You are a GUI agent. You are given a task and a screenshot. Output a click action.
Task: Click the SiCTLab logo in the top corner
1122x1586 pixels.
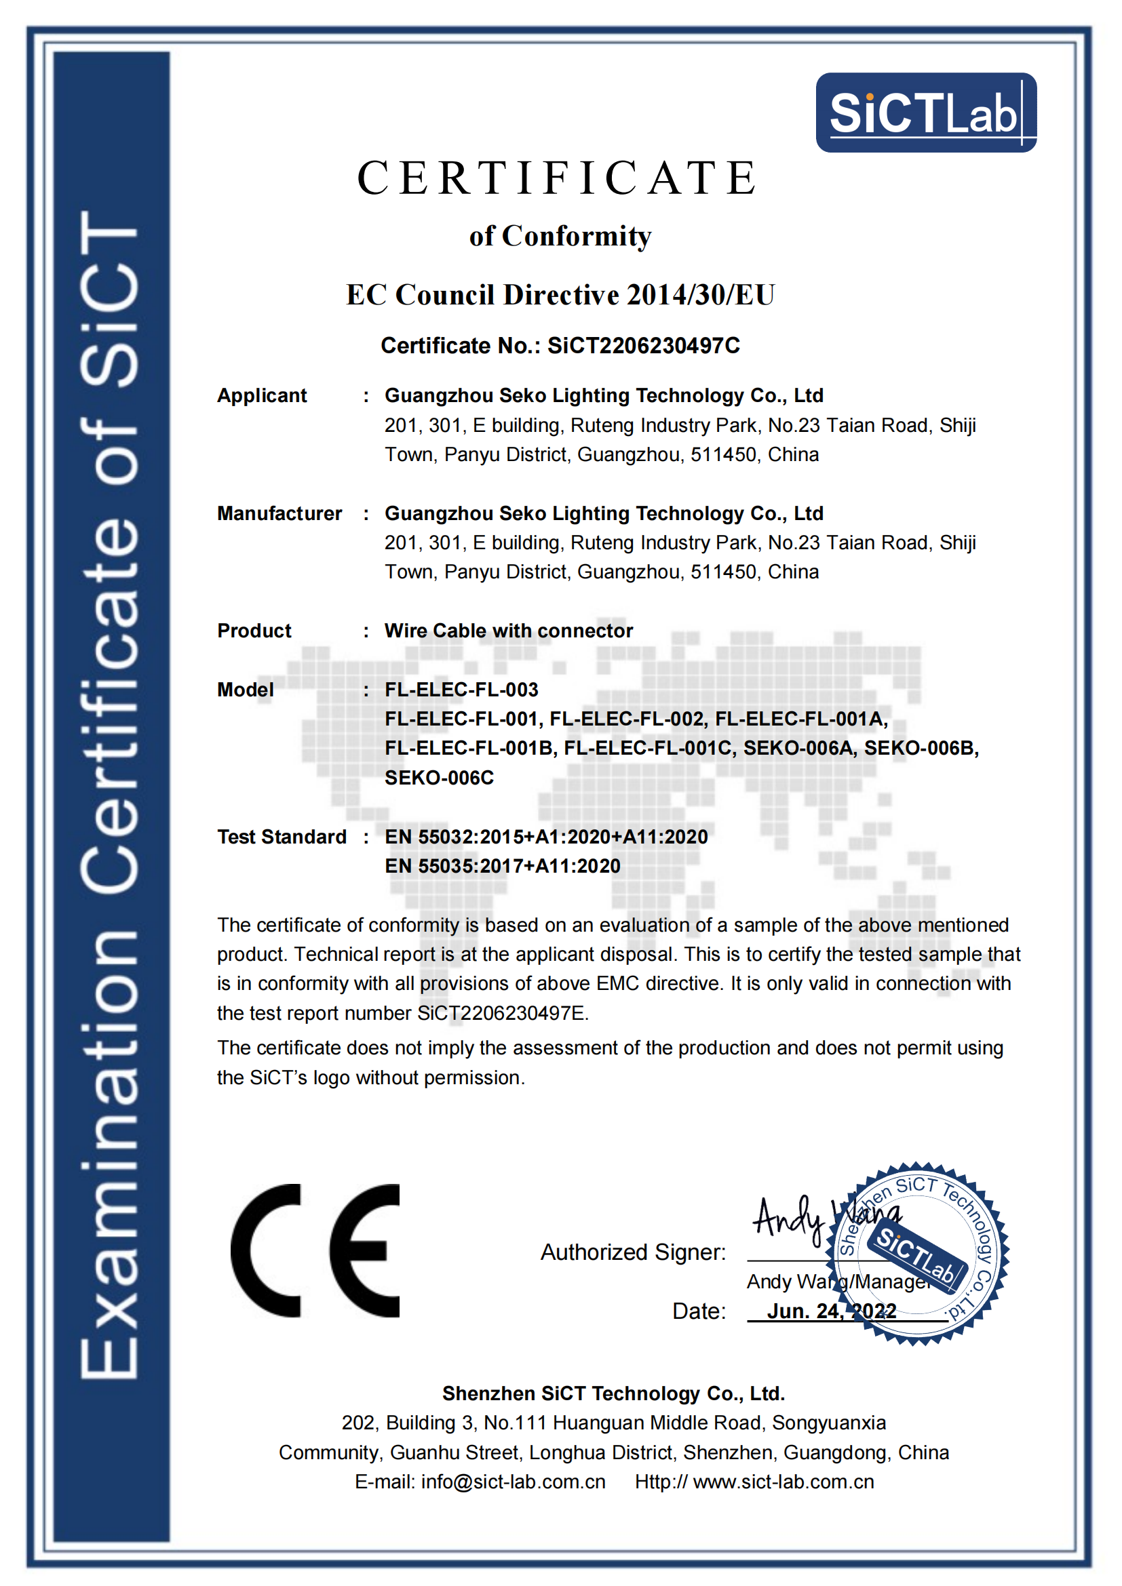coord(925,113)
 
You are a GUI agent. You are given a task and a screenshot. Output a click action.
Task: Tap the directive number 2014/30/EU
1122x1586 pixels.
coord(701,295)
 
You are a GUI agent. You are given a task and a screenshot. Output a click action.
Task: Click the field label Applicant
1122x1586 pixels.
coord(262,396)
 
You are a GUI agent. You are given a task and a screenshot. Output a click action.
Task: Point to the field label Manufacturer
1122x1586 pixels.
coord(279,513)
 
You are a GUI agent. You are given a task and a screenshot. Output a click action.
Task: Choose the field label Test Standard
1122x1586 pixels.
coord(282,837)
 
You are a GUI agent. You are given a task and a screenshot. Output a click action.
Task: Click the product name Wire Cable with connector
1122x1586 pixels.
coord(509,631)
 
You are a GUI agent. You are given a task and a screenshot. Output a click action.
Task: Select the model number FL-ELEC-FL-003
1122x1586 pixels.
coord(461,690)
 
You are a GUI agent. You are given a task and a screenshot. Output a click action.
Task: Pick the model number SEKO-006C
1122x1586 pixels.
coord(439,778)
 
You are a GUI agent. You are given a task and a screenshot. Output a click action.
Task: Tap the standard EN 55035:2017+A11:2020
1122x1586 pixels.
coord(502,866)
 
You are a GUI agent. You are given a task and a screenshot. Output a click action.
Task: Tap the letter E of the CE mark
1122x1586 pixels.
coord(365,1250)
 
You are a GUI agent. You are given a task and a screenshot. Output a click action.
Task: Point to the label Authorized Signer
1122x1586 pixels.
coord(633,1252)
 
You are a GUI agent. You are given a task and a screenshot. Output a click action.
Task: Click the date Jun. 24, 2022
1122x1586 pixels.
coord(831,1311)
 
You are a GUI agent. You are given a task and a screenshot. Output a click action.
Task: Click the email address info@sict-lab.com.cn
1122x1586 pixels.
coord(514,1482)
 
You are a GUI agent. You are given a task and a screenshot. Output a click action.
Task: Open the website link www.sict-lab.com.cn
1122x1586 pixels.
coord(784,1482)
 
